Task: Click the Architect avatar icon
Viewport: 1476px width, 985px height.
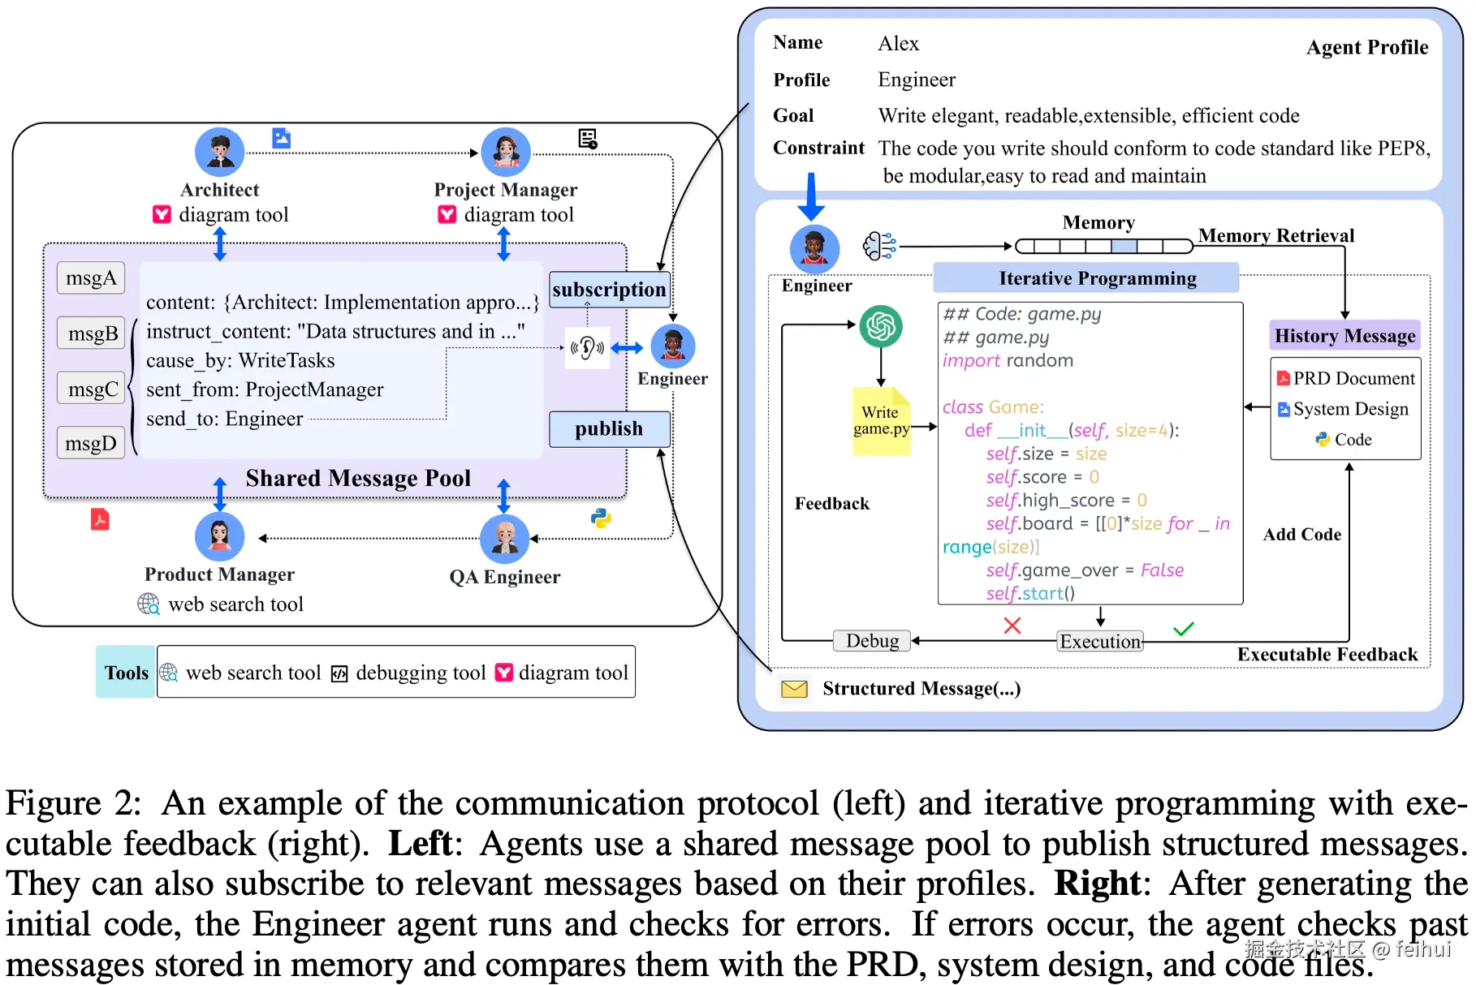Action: (220, 152)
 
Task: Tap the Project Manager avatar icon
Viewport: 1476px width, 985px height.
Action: (506, 152)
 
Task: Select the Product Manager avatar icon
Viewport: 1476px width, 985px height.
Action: (220, 536)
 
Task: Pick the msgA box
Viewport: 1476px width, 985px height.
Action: (91, 278)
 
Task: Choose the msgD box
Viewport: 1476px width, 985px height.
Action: (91, 443)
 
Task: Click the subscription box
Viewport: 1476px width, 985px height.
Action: (609, 290)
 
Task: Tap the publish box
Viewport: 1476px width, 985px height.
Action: (609, 428)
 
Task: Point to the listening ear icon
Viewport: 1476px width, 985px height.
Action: (587, 348)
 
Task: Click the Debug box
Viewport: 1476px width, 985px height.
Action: (872, 641)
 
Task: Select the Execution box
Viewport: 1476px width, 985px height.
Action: (1100, 642)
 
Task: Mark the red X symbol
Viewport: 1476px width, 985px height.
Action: (1012, 626)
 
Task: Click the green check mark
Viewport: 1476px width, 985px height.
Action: (1183, 629)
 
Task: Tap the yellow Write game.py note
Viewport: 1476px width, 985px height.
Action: (881, 421)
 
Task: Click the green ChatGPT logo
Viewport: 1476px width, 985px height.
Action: (881, 326)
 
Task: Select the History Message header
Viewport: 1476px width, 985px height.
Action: (1344, 336)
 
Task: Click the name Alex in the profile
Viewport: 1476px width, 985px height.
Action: (898, 44)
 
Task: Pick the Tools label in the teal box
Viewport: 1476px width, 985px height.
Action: (126, 673)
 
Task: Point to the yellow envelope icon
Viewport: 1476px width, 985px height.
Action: (794, 689)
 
